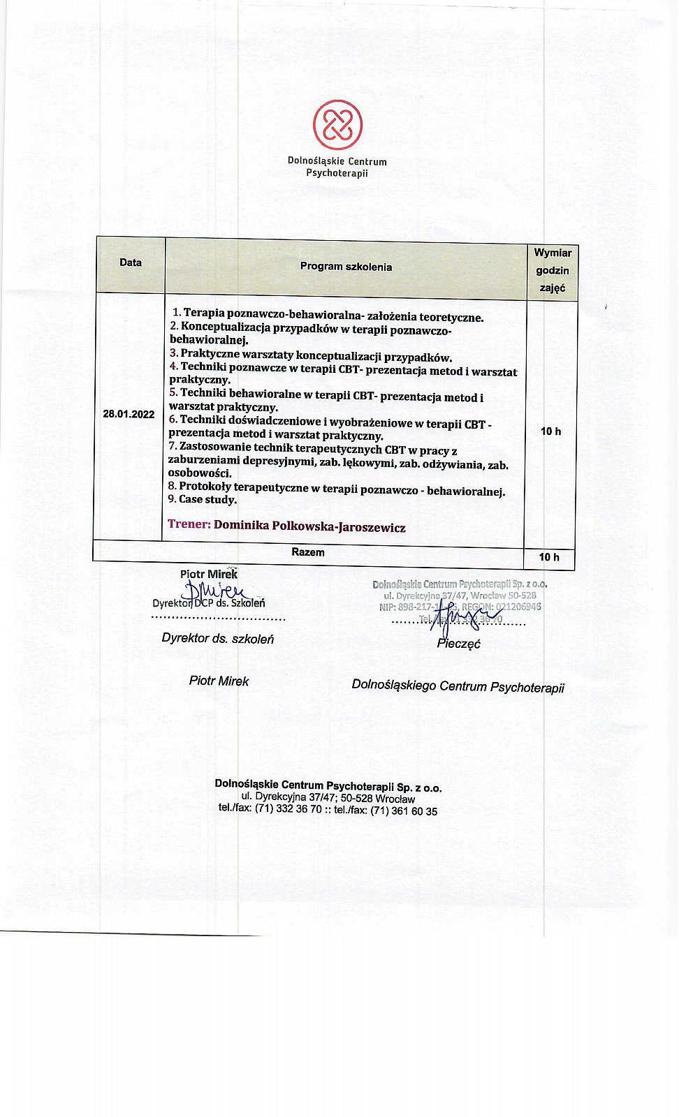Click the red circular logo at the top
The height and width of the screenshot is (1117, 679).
pos(337,125)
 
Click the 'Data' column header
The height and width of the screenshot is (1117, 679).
pos(131,262)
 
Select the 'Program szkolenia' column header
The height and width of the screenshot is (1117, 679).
pos(346,266)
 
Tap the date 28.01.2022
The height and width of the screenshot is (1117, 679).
pos(129,414)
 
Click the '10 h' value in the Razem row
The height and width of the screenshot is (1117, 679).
pos(549,557)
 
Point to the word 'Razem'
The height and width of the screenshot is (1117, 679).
pos(308,552)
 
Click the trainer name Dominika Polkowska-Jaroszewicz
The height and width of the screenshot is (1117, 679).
pos(309,527)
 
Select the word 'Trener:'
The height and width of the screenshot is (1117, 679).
pos(189,524)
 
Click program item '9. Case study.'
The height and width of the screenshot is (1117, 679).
pos(203,500)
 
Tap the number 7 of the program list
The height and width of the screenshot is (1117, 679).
pos(172,446)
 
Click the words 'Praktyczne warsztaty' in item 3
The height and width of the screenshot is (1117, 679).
pos(237,355)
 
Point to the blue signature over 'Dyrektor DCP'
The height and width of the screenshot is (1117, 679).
pos(217,591)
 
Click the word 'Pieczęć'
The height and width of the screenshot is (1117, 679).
pos(459,644)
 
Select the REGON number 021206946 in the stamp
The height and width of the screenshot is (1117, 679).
pos(518,607)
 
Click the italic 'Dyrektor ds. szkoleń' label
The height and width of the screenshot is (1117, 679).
pos(218,638)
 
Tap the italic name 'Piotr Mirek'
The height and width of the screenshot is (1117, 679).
pos(219,681)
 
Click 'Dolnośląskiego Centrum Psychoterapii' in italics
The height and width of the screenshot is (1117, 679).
pos(458,687)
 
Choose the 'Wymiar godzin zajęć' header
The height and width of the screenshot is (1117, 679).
pos(553,270)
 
